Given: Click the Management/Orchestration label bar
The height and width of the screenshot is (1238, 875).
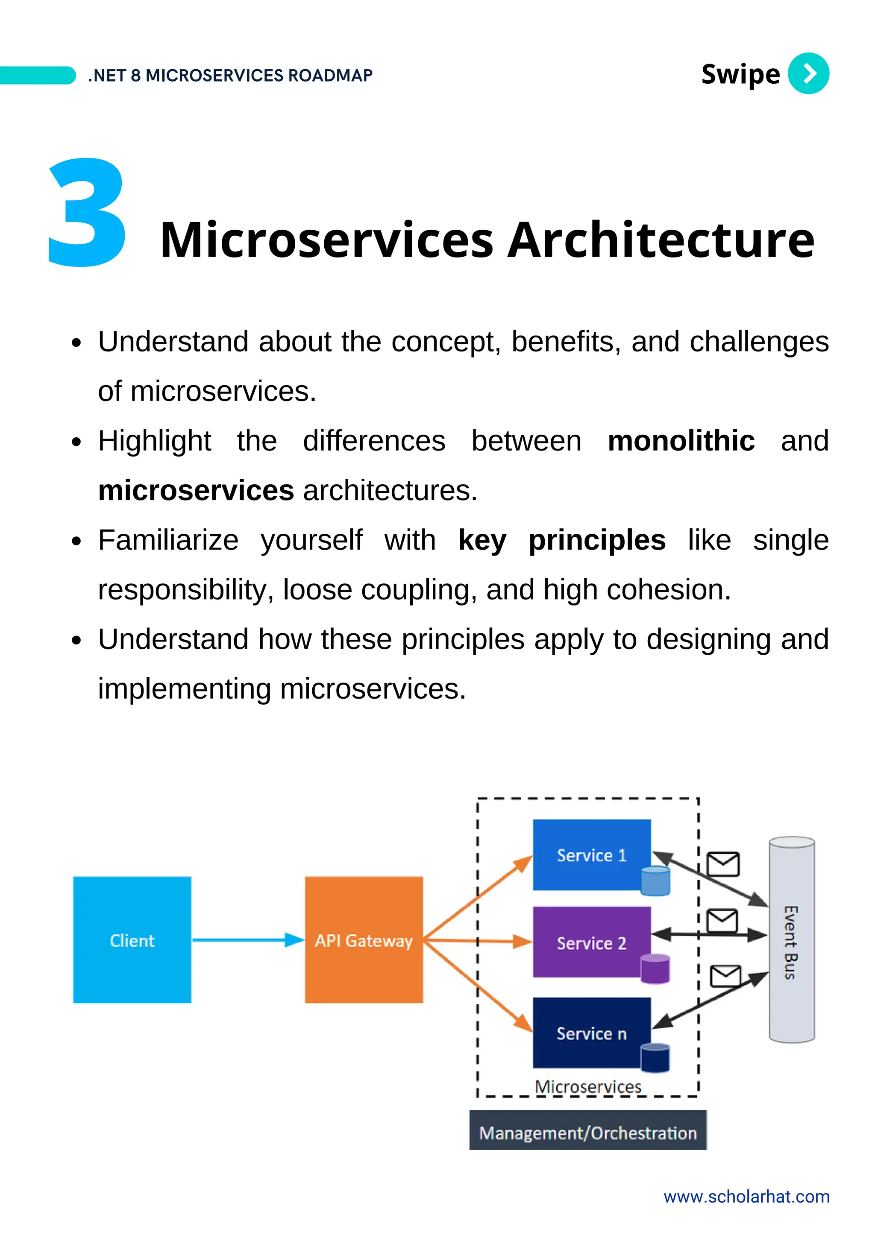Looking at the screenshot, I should tap(587, 1133).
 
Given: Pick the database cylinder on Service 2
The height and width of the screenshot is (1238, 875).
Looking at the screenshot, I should tap(655, 969).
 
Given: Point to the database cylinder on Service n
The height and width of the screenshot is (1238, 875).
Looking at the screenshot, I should tap(655, 1057).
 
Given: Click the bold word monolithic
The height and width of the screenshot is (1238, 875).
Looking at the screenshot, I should tap(681, 441).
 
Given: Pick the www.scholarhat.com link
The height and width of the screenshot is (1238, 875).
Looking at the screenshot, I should tap(746, 1197).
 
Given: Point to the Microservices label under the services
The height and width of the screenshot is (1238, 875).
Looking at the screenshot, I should tap(587, 1086).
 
